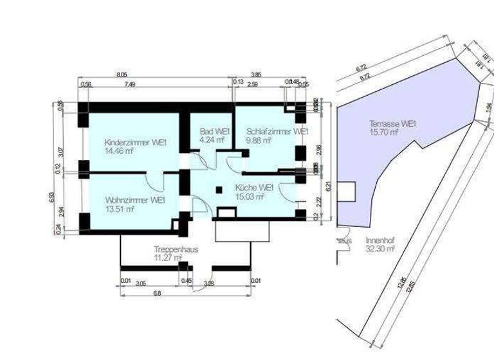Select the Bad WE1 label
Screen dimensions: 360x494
click(x=210, y=130)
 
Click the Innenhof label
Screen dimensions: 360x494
click(x=380, y=239)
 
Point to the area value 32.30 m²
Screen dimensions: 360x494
click(x=380, y=248)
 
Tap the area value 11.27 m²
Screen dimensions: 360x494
click(x=168, y=258)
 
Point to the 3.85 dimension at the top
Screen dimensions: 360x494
click(x=256, y=75)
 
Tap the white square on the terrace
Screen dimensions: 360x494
click(x=347, y=192)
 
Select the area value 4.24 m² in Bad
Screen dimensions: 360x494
click(x=212, y=139)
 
